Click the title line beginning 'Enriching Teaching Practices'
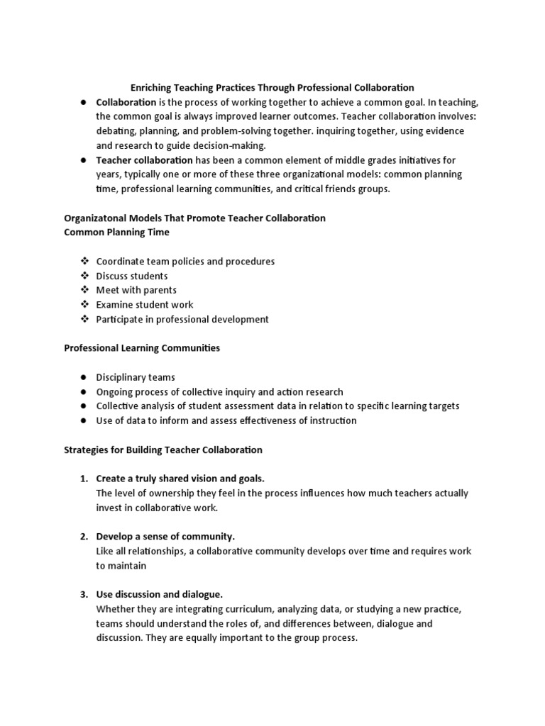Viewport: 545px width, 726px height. (x=272, y=88)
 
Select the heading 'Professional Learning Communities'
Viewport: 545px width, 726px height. (x=142, y=348)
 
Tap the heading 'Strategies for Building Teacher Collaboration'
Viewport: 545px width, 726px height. (x=163, y=449)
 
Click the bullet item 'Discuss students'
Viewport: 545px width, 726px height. (x=132, y=276)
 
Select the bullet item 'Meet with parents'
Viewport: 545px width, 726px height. (x=136, y=290)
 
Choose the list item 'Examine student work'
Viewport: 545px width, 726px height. (x=145, y=305)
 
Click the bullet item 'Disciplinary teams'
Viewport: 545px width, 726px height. (x=136, y=377)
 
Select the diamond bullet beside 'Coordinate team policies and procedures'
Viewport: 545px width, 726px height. (x=83, y=262)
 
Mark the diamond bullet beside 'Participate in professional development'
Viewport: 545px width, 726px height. (x=83, y=319)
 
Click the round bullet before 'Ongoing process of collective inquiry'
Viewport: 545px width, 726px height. (x=83, y=392)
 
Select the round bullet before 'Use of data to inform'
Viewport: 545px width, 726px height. (x=83, y=421)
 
